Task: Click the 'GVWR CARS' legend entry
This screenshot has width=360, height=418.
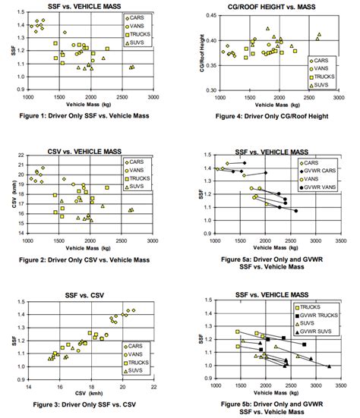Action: point(312,171)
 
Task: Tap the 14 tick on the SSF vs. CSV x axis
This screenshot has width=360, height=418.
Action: point(29,388)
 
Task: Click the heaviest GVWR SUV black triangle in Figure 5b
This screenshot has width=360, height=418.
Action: point(329,366)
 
